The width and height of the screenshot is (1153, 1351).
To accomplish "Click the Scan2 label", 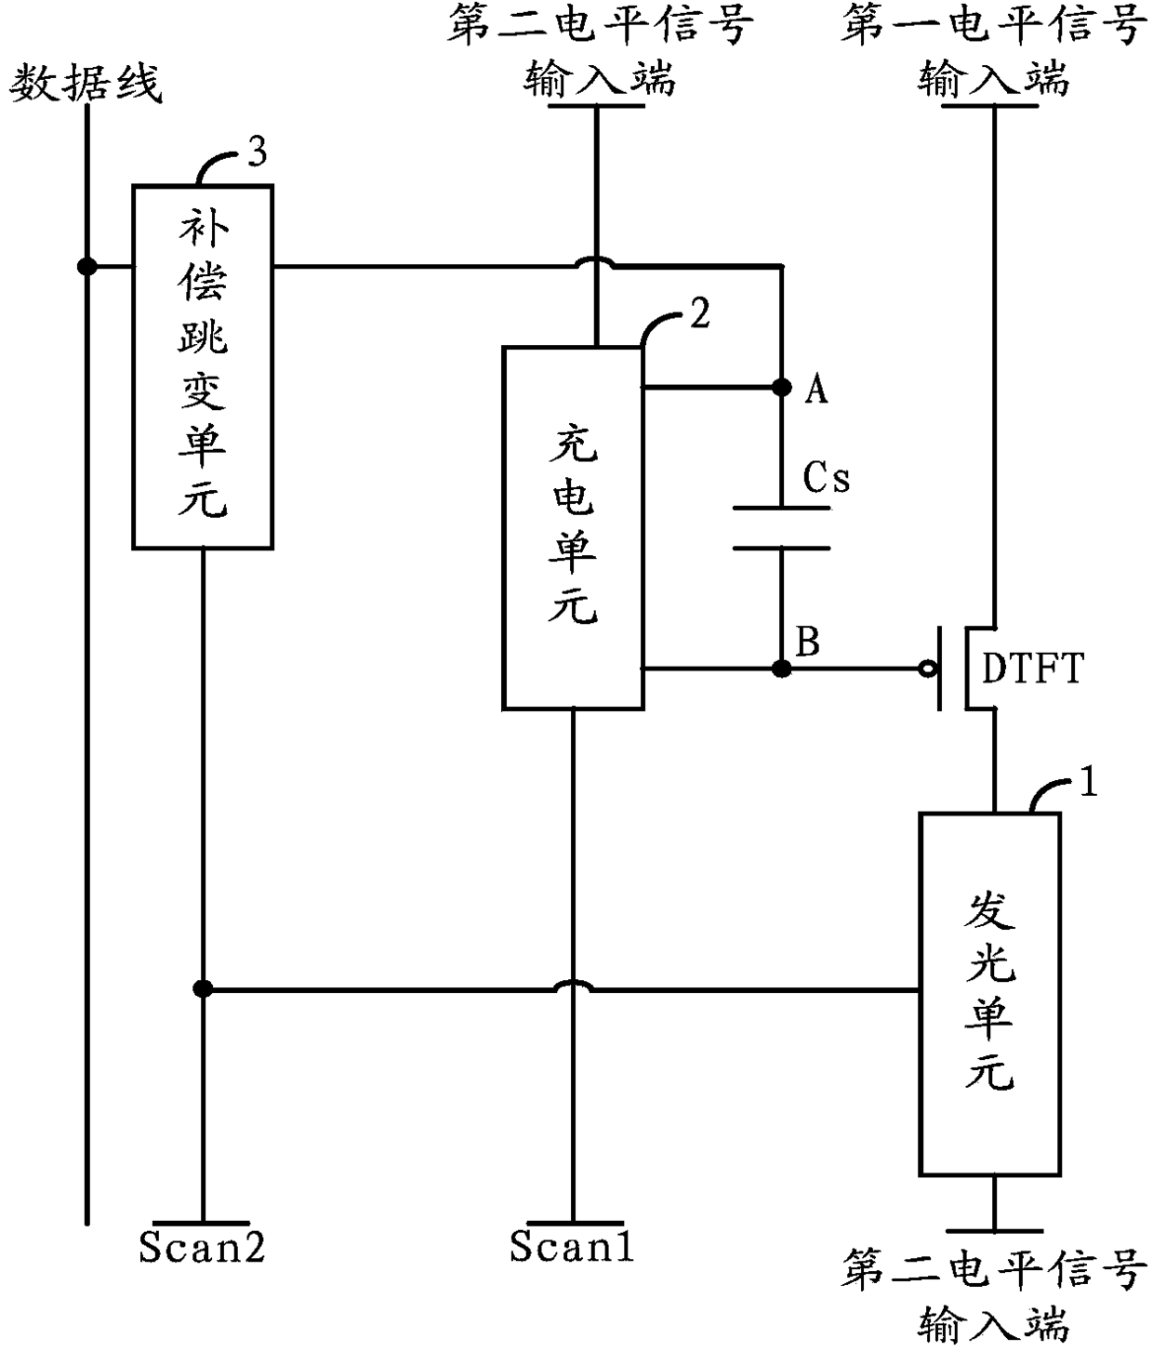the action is coord(202,1247).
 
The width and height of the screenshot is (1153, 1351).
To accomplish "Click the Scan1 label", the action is coord(572,1246).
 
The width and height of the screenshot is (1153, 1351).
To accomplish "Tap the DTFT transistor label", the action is coord(1033,668).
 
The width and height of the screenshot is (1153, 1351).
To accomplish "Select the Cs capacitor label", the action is coord(827,477).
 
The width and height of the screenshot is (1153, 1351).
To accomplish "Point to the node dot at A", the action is coord(782,388).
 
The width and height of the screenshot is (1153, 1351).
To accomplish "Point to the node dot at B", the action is coord(782,669).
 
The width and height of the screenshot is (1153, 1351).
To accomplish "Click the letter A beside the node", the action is coord(816,391).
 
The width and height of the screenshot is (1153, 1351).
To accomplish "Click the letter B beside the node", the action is coord(808,642).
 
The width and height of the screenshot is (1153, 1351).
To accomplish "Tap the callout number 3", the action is coord(258,152).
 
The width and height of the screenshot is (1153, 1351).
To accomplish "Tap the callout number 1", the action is coord(1088,781).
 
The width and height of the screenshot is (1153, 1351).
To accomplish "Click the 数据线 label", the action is coord(86,84).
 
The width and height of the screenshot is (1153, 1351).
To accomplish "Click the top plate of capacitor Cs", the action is coord(782,508).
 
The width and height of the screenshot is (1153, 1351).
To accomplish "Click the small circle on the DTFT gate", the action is coord(927,669).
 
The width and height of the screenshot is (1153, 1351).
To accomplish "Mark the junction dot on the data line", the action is coord(86,267).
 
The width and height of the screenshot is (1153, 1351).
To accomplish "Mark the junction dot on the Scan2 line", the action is coord(203,989).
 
